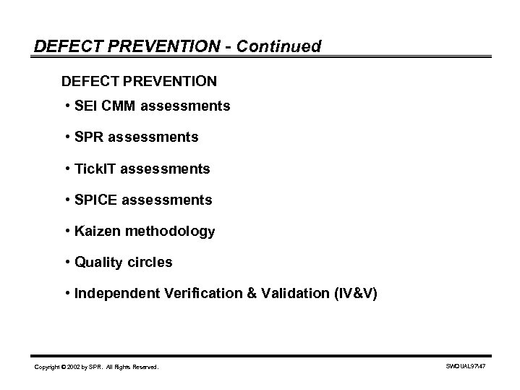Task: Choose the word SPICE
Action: tap(95, 200)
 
